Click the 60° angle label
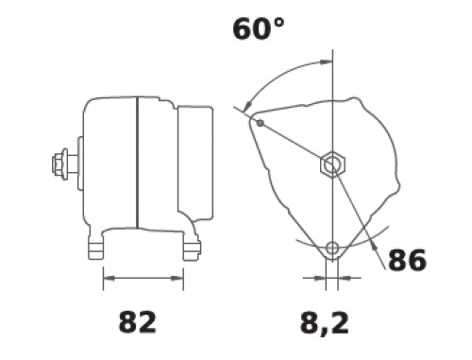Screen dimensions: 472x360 click(259, 29)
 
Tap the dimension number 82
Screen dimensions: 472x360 click(138, 322)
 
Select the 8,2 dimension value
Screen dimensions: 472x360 click(325, 323)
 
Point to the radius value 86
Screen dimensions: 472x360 click(407, 260)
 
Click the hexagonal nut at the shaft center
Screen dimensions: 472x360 click(332, 163)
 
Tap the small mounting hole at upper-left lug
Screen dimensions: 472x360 click(261, 123)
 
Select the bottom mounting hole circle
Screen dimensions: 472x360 click(332, 249)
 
